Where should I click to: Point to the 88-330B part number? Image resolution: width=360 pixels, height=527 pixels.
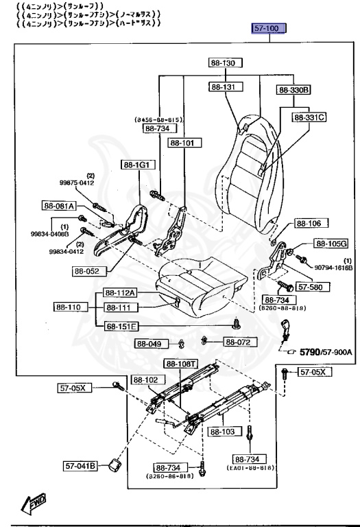point(294,90)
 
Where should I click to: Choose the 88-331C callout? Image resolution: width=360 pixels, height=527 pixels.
point(309,117)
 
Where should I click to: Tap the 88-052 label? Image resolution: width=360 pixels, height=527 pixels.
point(88,270)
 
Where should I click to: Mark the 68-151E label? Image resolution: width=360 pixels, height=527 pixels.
point(121,326)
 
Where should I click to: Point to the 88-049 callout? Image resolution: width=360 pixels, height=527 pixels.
point(149,344)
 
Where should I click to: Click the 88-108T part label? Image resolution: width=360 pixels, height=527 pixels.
point(181,364)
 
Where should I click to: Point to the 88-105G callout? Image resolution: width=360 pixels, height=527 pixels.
point(331,244)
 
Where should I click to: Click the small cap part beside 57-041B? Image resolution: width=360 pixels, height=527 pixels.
point(111,467)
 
